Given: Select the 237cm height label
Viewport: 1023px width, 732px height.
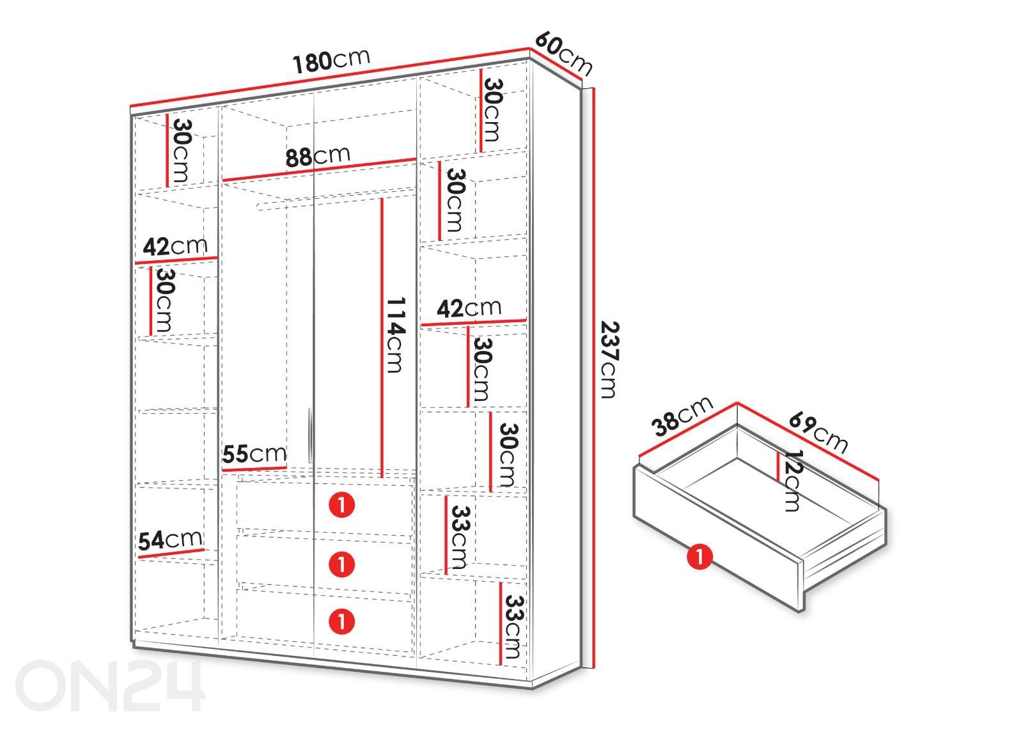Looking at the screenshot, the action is pos(609,360).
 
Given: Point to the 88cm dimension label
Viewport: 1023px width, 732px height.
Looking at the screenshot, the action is pos(318,156).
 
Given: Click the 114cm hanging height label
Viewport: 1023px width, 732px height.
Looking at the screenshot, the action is pos(396,335).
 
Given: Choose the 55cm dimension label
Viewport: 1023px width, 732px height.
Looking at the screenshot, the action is pos(254,454).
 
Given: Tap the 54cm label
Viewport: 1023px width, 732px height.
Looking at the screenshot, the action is pos(170,540).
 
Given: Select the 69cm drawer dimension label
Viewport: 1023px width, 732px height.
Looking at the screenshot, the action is pos(818,432).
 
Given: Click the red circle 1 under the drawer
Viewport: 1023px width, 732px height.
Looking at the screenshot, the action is pos(699,557).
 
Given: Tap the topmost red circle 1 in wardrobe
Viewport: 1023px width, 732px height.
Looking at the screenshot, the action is pos(342,505).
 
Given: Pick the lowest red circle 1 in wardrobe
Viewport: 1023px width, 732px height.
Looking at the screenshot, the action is pos(342,621).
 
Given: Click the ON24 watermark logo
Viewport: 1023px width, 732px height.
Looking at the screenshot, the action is pos(110,685).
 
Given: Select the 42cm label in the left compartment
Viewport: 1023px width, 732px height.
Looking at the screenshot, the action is pos(175,247).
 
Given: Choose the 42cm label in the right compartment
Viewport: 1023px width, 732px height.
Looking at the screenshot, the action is pos(469,308).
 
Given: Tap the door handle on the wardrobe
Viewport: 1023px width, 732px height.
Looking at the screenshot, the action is pos(310,435).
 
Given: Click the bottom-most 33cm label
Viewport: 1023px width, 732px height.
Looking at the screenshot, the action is pos(512,627).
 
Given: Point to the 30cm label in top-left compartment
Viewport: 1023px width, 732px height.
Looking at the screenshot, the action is pos(182,150).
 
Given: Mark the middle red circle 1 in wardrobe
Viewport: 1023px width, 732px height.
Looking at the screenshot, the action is pos(342,563).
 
